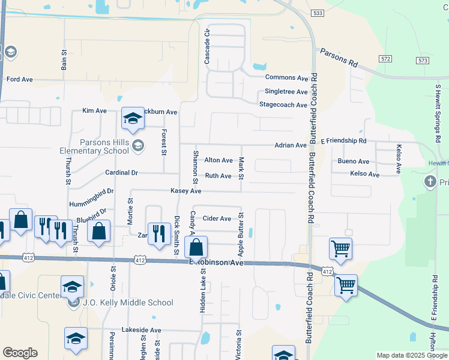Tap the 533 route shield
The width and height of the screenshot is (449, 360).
[318, 13]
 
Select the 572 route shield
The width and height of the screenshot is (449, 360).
[385, 58]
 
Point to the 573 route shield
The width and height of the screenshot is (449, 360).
[423, 60]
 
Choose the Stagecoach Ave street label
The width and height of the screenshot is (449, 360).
[283, 105]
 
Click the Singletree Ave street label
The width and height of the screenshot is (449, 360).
[286, 92]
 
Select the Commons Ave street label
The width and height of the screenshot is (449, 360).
[286, 78]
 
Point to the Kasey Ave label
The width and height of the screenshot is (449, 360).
[185, 190]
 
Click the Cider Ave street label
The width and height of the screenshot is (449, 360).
[217, 218]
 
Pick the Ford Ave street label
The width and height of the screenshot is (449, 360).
[19, 79]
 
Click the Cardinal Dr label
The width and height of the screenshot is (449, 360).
[121, 173]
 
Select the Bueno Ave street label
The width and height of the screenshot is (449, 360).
[353, 161]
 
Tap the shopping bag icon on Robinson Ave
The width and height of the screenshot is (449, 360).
[196, 247]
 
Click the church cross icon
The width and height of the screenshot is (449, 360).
[430, 181]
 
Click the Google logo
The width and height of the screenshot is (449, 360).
[20, 353]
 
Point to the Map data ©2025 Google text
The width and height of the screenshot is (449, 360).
[412, 355]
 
